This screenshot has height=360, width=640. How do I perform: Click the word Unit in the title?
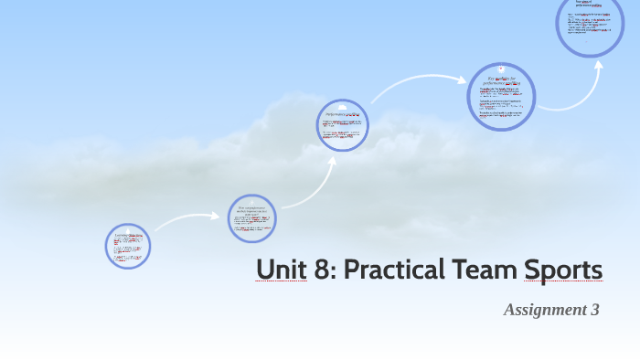(279, 270)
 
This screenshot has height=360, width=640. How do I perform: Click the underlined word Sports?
(564, 270)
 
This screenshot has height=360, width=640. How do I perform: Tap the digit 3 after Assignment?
(594, 310)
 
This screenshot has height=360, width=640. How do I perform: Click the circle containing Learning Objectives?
(127, 246)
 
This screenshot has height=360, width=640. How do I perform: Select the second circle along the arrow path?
(251, 218)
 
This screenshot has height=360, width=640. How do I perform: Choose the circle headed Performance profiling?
(344, 125)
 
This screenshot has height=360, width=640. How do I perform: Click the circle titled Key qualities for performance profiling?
(501, 96)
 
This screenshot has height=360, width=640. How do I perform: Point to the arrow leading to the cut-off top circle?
(585, 91)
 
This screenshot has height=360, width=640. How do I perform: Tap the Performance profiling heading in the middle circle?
(344, 116)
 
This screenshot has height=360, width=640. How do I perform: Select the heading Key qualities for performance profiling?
(501, 82)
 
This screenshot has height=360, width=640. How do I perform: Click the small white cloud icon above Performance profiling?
(344, 106)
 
